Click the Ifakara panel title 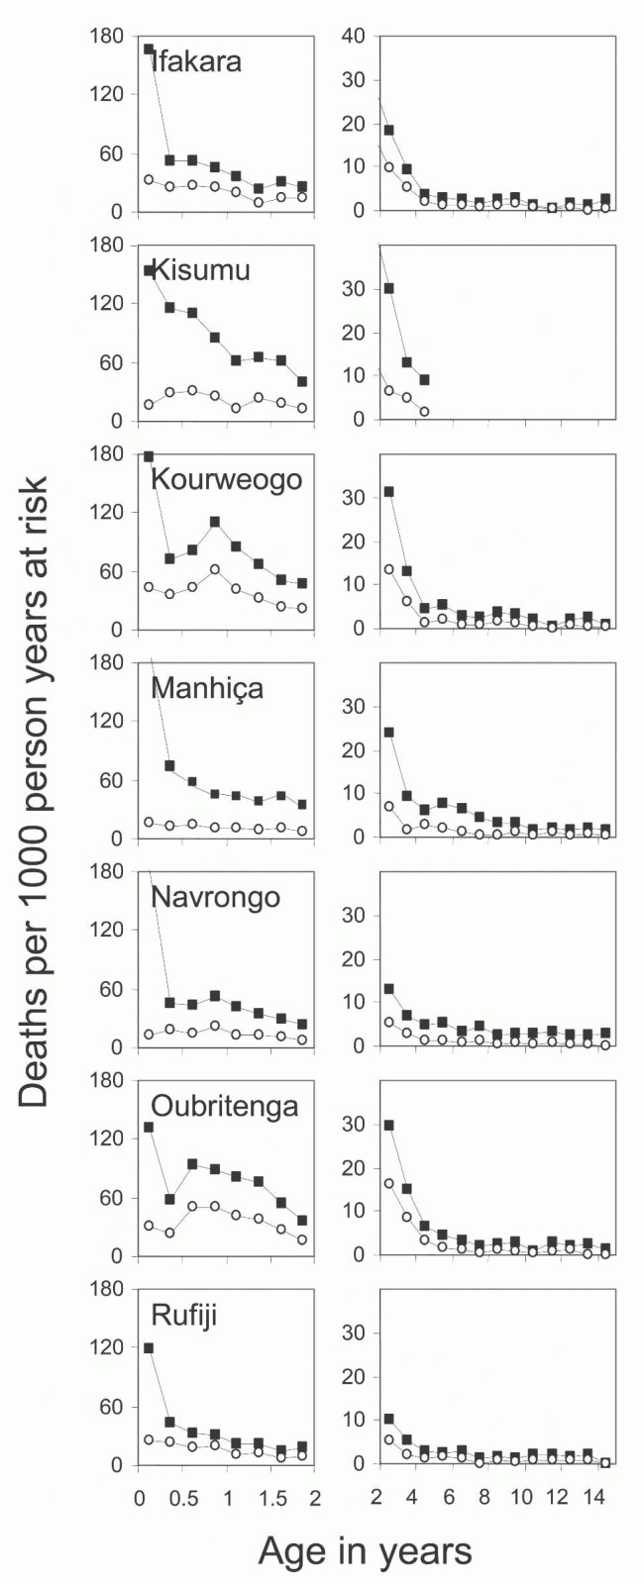[x=197, y=61]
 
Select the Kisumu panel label [x=201, y=270]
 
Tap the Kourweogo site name [x=227, y=480]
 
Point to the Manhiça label [x=207, y=689]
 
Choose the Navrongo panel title [x=216, y=897]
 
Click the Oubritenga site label [x=225, y=1106]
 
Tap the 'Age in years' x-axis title [x=366, y=1551]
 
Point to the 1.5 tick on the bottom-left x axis [x=271, y=1498]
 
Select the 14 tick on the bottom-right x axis [x=593, y=1498]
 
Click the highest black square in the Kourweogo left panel [x=214, y=522]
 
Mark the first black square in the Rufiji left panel [x=149, y=1347]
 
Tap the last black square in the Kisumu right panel [x=424, y=380]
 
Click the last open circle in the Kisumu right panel [x=424, y=412]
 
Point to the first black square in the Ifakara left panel [x=149, y=49]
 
